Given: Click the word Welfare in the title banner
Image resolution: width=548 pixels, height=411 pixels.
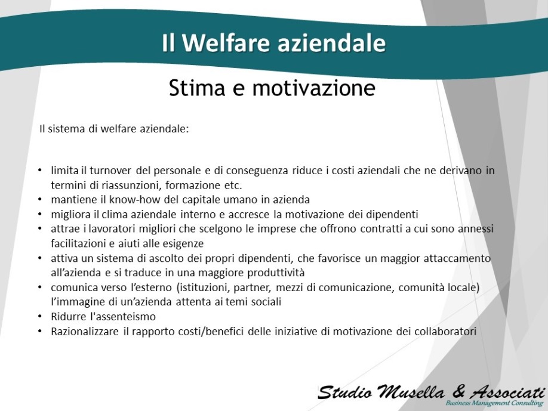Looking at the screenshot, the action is point(226,42).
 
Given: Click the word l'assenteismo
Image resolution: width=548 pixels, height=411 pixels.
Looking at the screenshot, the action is point(123,317).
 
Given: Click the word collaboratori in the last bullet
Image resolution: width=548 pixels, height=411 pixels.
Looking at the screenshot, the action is point(445,332).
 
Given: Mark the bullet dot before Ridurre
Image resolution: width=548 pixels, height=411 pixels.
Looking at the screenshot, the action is point(40,316).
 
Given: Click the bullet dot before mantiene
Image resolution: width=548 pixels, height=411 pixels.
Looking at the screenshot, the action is point(40,199).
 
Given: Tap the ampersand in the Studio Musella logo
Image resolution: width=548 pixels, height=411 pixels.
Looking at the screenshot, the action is point(458,391).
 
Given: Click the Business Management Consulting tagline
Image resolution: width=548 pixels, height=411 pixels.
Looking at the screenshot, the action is point(494,403).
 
